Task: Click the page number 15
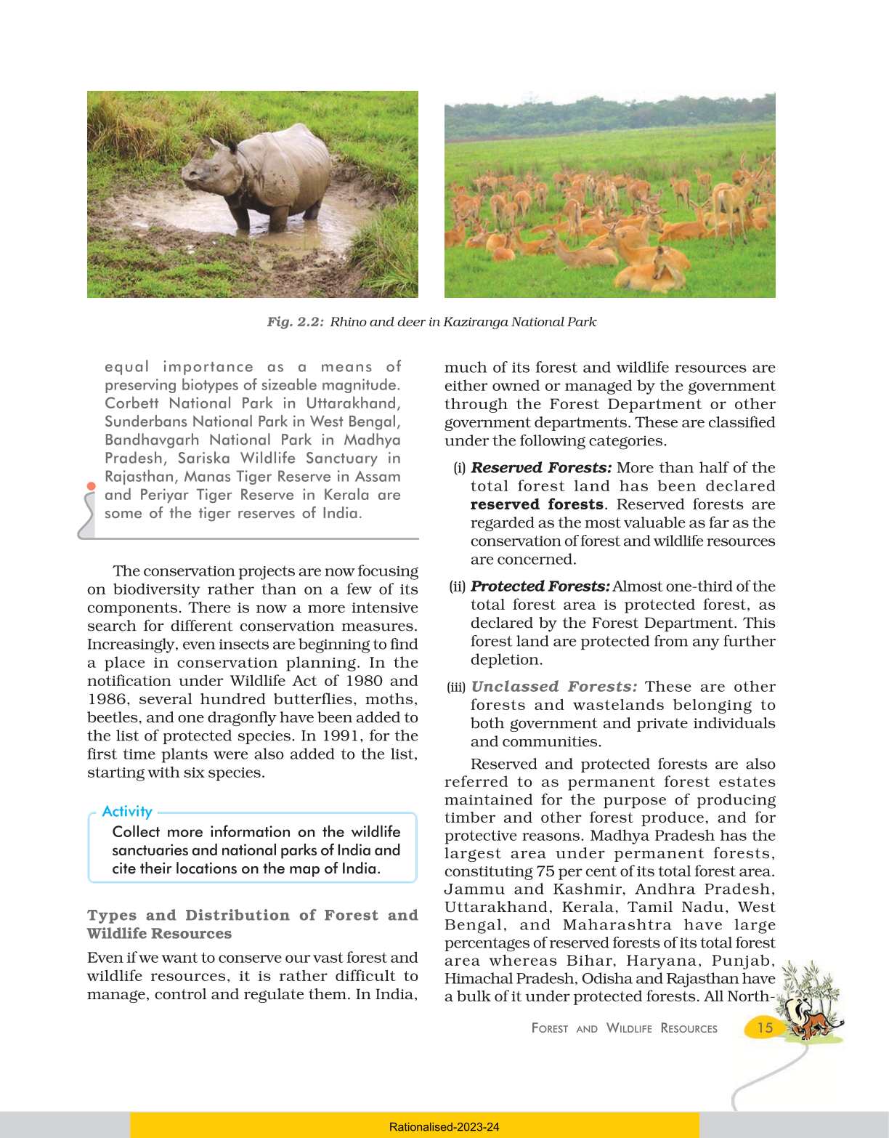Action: (765, 1027)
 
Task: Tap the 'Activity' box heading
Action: (127, 812)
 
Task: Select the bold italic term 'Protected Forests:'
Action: (540, 586)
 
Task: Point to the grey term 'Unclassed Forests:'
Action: (554, 687)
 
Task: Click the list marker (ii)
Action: (458, 586)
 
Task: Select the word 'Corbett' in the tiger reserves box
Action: (132, 403)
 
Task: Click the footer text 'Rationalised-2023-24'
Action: (444, 1127)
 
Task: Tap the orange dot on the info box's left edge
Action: (91, 485)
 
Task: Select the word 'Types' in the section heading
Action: (111, 915)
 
